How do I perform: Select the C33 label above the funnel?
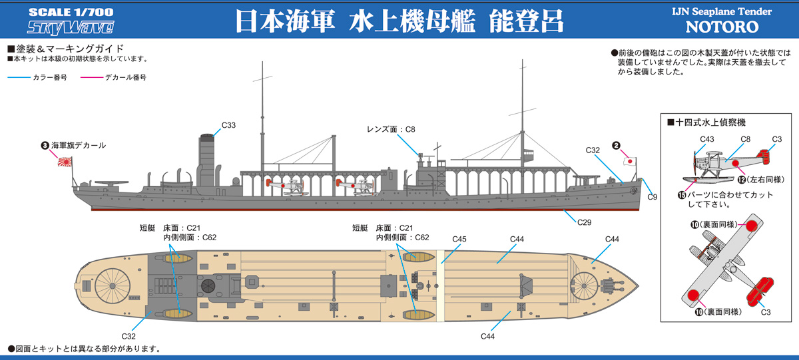pos(228,125)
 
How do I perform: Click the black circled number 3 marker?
pos(44,145)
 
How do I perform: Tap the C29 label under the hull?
pos(584,222)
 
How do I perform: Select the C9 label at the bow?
pos(652,197)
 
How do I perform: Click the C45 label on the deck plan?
pos(459,240)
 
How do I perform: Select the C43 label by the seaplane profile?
pos(706,139)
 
